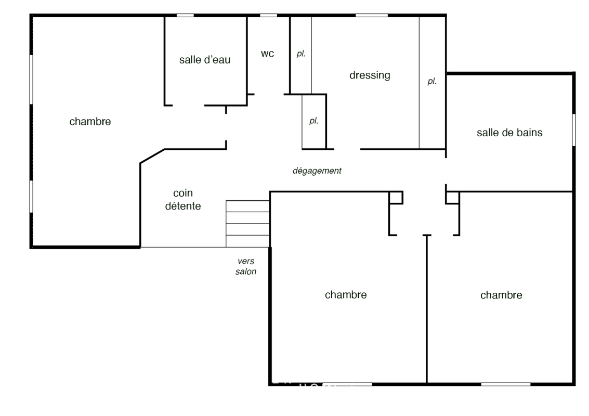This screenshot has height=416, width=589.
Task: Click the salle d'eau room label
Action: point(205,60)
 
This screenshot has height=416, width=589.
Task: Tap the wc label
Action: point(267,54)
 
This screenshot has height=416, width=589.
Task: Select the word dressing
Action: point(370,75)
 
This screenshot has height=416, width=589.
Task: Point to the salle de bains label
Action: point(509,133)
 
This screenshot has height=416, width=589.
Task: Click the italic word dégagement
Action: point(317,171)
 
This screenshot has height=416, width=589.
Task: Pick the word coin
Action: point(183,193)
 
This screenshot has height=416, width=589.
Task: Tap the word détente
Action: point(183,206)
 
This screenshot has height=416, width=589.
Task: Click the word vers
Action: point(246,261)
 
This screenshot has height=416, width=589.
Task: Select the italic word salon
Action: point(246,271)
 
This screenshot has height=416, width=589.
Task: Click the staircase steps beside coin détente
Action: point(247,224)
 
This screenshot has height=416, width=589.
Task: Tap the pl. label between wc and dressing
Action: point(301,54)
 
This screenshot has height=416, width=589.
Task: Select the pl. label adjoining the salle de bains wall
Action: point(432,81)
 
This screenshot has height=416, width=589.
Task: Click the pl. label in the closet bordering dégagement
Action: point(313,121)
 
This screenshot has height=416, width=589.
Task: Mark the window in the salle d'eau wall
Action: point(185,16)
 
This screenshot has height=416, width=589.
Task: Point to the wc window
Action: point(269,16)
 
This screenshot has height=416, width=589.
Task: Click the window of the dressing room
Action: point(372,16)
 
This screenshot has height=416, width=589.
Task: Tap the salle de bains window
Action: point(573,130)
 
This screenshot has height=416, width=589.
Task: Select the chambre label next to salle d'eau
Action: point(90,122)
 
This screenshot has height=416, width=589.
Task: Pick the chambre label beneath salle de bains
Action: point(501,295)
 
